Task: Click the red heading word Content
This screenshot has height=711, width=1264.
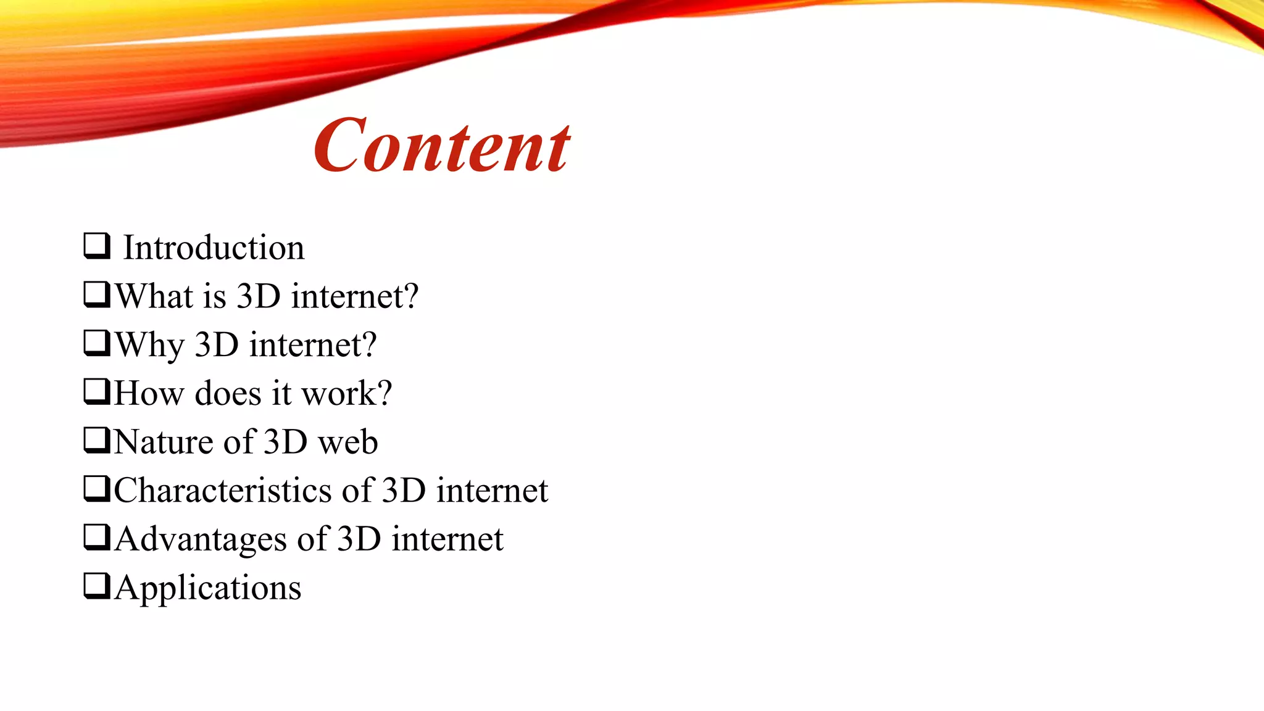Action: click(x=442, y=146)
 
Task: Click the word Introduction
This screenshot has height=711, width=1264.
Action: click(x=214, y=248)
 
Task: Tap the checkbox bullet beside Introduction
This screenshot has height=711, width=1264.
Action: click(x=97, y=246)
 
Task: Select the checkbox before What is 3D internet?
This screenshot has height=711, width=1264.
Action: click(x=97, y=294)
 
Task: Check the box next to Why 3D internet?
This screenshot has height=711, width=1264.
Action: click(x=97, y=343)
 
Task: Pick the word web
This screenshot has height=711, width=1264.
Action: click(x=347, y=443)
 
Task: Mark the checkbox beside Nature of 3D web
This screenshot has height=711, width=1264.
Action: click(x=97, y=440)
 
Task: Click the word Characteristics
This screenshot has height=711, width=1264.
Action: click(x=223, y=491)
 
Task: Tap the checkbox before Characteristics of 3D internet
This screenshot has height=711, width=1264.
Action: click(x=97, y=489)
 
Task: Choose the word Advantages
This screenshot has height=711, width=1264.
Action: click(x=201, y=539)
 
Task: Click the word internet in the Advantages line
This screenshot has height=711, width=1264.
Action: click(x=447, y=539)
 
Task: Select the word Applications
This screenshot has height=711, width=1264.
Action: click(x=208, y=588)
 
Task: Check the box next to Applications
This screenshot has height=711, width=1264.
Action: click(x=97, y=586)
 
